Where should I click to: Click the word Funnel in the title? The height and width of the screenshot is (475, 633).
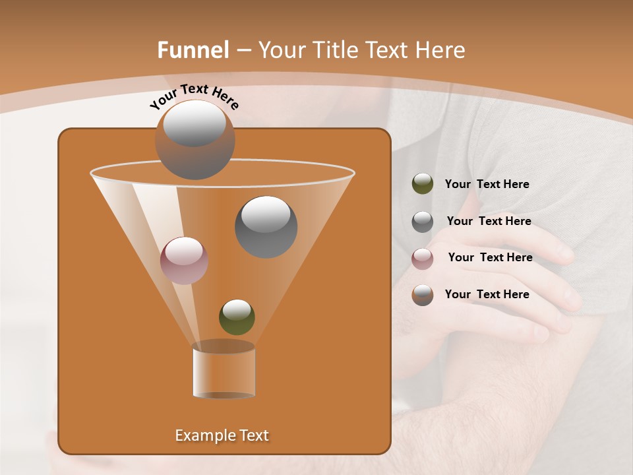click(193, 50)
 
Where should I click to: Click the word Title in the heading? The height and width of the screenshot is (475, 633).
click(335, 50)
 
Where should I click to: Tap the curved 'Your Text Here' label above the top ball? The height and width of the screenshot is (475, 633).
click(195, 96)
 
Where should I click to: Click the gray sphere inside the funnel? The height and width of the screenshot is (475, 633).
click(266, 227)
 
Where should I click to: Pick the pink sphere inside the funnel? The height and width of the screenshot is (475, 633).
click(184, 261)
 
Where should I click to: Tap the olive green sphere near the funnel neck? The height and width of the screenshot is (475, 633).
click(237, 317)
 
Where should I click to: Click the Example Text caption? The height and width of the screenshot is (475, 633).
click(222, 435)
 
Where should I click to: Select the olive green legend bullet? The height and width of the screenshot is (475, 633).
click(423, 184)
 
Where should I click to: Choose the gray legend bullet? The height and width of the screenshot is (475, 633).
click(423, 222)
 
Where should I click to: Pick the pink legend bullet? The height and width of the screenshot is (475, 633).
click(423, 258)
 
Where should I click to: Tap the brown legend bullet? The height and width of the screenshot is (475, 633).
click(423, 295)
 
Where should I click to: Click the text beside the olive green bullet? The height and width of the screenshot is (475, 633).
click(487, 184)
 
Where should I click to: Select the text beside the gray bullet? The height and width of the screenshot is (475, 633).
click(489, 221)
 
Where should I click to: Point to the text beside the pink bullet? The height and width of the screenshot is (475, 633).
click(490, 257)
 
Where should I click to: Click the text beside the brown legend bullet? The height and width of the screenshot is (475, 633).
click(487, 294)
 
